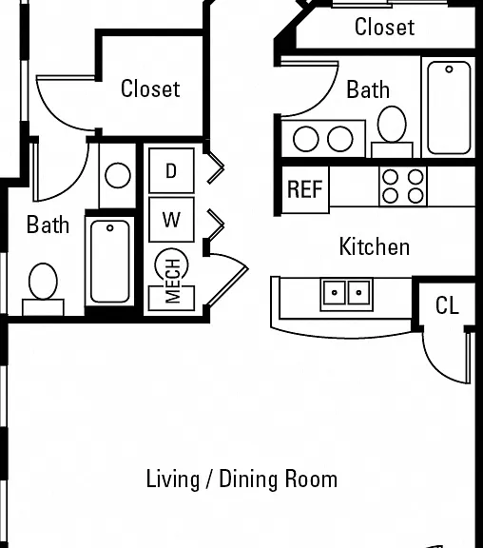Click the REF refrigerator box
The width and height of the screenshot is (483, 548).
click(x=305, y=189)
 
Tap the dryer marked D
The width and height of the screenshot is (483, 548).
click(x=171, y=170)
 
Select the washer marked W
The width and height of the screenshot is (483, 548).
click(x=171, y=220)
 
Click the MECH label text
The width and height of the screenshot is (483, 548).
click(x=173, y=281)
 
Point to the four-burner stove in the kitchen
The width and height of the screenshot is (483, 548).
click(x=403, y=186)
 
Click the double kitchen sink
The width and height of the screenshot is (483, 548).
click(x=346, y=294)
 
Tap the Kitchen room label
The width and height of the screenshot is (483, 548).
click(x=375, y=246)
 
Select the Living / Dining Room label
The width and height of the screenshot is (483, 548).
click(x=241, y=479)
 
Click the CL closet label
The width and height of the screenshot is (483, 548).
click(x=447, y=305)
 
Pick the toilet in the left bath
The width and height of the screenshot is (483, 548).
click(x=43, y=289)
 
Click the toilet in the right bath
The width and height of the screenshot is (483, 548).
click(x=392, y=132)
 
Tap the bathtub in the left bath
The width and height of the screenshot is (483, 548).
click(x=109, y=261)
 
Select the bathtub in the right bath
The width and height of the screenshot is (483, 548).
click(x=449, y=108)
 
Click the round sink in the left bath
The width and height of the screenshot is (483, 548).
click(x=118, y=175)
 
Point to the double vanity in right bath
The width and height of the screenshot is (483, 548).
click(x=323, y=139)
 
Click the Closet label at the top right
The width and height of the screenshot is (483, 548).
click(x=384, y=27)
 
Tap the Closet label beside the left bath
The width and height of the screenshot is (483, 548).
click(x=150, y=88)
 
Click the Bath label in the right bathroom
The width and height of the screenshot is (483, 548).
click(x=368, y=89)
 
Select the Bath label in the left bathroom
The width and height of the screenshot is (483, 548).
click(x=48, y=225)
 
